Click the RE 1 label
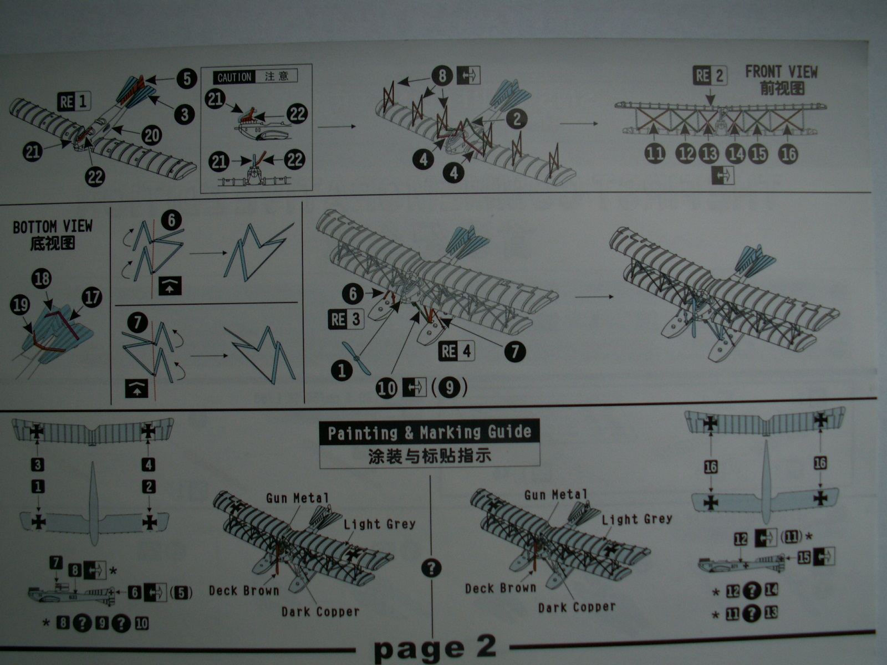pyautogui.click(x=74, y=101)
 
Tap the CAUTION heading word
pyautogui.click(x=234, y=77)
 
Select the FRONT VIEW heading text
pyautogui.click(x=781, y=72)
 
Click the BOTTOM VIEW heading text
pyautogui.click(x=53, y=227)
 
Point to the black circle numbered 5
pyautogui.click(x=186, y=78)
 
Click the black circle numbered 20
pyautogui.click(x=151, y=135)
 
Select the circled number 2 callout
pyautogui.click(x=517, y=119)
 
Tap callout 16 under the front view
pyautogui.click(x=788, y=154)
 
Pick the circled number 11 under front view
pyautogui.click(x=655, y=154)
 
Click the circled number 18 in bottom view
pyautogui.click(x=42, y=279)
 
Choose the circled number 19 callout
pyautogui.click(x=20, y=305)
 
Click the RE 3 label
pyautogui.click(x=346, y=319)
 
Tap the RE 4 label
pyautogui.click(x=457, y=351)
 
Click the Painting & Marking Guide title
pyautogui.click(x=429, y=432)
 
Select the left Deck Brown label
pyautogui.click(x=244, y=591)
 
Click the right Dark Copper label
pyautogui.click(x=577, y=607)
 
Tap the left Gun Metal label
pyautogui.click(x=297, y=498)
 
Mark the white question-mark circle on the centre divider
pyautogui.click(x=431, y=569)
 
